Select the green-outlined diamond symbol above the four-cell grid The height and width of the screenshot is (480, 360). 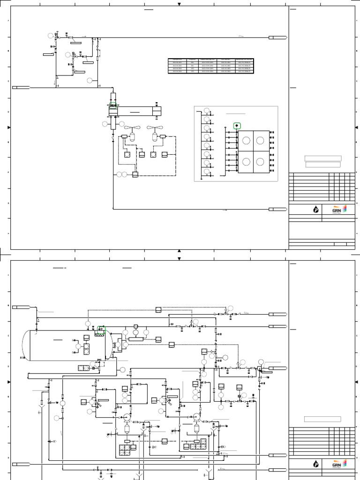(x=237, y=126)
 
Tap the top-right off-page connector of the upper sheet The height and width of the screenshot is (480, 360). (x=277, y=37)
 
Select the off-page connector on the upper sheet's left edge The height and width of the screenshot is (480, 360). (x=21, y=87)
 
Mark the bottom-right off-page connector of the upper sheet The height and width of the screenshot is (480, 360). (x=277, y=209)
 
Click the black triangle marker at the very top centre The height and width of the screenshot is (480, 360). (x=179, y=4)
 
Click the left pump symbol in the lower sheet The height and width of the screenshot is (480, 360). (x=127, y=416)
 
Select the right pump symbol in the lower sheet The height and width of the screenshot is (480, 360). (x=196, y=416)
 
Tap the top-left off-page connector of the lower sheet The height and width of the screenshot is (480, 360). (x=21, y=307)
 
